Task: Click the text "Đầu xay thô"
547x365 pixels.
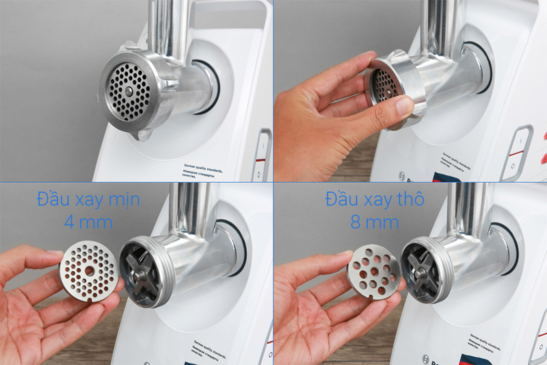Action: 375,201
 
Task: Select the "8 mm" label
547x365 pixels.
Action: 375,224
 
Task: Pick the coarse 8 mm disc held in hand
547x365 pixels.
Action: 373,273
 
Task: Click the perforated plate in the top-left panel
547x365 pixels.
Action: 129,92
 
